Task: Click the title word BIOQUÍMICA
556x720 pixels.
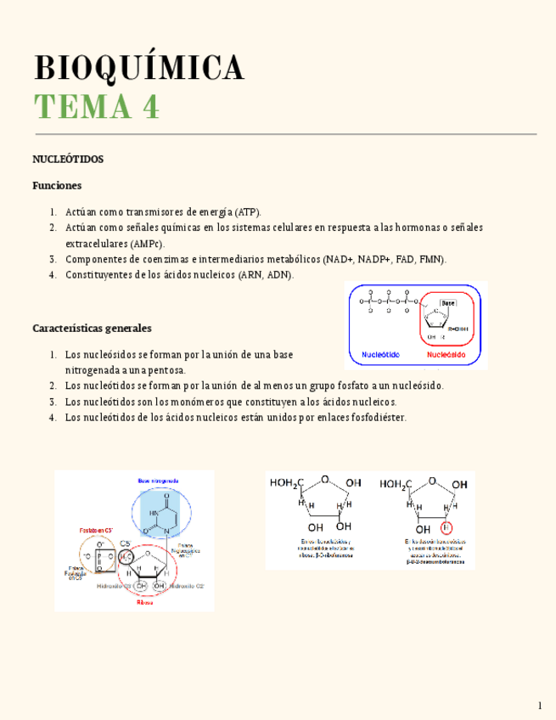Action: tap(138, 68)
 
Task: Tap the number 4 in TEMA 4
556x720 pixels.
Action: tap(150, 108)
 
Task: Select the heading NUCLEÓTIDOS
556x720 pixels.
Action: tap(68, 159)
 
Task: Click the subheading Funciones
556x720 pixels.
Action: tap(57, 185)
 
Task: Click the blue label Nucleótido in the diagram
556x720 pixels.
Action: tap(381, 355)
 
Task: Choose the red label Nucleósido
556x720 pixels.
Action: tap(446, 355)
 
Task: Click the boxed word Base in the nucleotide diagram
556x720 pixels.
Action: tap(448, 302)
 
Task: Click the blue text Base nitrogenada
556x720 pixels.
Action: tap(158, 481)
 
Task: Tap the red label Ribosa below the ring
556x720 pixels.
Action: tap(145, 602)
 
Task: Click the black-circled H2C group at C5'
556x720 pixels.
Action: tap(126, 556)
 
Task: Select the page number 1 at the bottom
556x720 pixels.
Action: tap(539, 706)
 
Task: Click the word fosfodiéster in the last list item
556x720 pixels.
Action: tap(379, 418)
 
